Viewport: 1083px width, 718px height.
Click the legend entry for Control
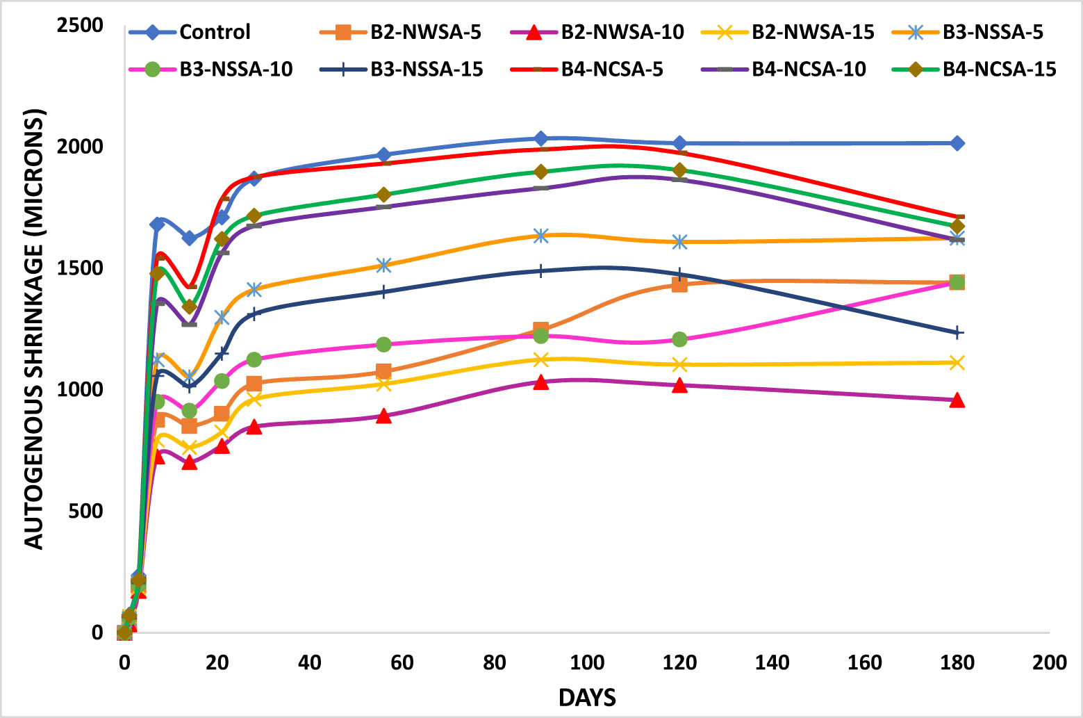coord(214,32)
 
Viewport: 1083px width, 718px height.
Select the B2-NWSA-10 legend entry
coord(622,32)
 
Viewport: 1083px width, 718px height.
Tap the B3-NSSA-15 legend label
coord(426,70)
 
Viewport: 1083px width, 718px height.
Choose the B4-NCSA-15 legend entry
coord(999,70)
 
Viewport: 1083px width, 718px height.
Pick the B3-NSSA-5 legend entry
coord(993,32)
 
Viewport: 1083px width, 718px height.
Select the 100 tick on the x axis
coord(587,663)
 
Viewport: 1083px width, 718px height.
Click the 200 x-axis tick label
coord(1049,663)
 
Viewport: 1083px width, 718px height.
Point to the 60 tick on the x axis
coord(402,663)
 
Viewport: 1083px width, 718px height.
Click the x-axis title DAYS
coord(587,697)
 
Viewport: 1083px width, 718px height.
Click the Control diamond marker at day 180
coord(957,143)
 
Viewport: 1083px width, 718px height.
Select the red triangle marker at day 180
coord(957,400)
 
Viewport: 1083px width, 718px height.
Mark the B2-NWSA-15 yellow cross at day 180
coord(957,362)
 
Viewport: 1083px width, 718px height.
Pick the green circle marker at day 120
coord(679,339)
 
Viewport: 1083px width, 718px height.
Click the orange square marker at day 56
coord(383,371)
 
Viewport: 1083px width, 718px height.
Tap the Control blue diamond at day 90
coord(541,139)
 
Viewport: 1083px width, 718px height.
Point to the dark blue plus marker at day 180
coord(957,333)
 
